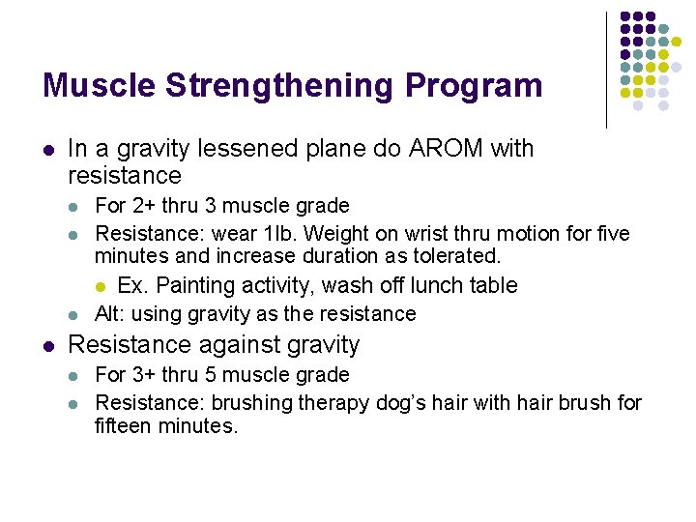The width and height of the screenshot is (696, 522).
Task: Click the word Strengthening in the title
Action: coord(279,86)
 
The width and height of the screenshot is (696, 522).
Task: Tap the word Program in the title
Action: coord(474,86)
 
